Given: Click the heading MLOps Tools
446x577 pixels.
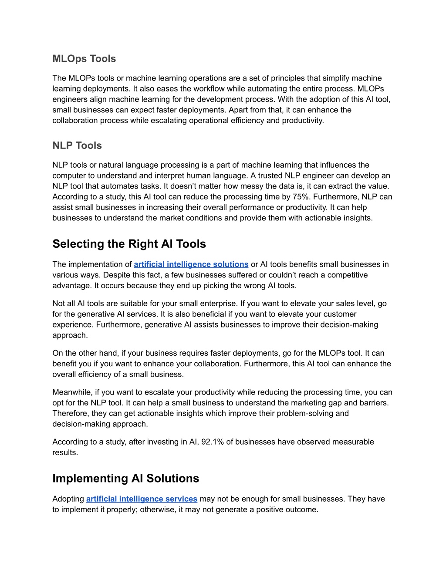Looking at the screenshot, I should pos(84,59).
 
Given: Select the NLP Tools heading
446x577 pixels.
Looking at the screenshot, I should pos(77,145).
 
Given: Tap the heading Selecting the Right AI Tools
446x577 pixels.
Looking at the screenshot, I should pos(129,244).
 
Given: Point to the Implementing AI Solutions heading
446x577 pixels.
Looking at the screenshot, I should pos(125,478).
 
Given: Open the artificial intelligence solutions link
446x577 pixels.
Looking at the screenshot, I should pos(191,264).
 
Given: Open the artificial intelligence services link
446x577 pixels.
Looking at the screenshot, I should pos(142,499).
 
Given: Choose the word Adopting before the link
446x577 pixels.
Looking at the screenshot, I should pos(68,499).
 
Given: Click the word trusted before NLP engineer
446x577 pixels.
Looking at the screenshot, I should pos(270,176).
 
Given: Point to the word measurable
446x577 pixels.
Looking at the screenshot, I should pos(353,442).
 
